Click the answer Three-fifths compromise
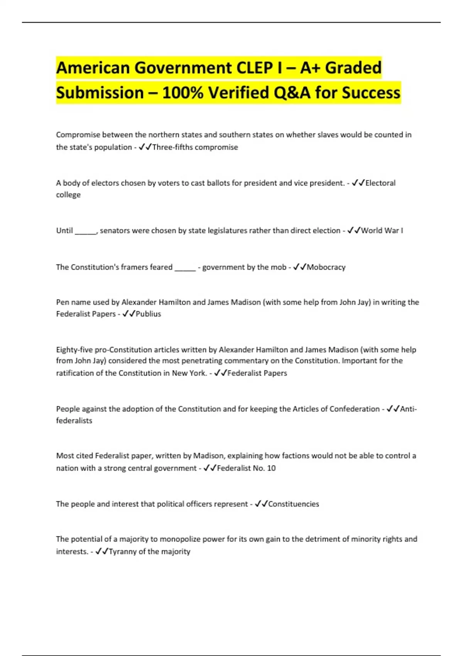tap(195, 147)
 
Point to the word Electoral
tap(380, 183)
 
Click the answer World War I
tap(382, 230)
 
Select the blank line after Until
tap(86, 231)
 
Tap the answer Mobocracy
tap(326, 267)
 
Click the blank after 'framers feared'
tap(185, 268)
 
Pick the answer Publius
tap(148, 314)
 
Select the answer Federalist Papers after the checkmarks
tap(257, 373)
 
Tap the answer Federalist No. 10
tap(246, 468)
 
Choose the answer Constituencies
tap(293, 504)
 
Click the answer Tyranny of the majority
tap(149, 551)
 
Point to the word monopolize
tap(180, 539)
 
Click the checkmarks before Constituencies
tap(261, 504)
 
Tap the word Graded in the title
tap(353, 68)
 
